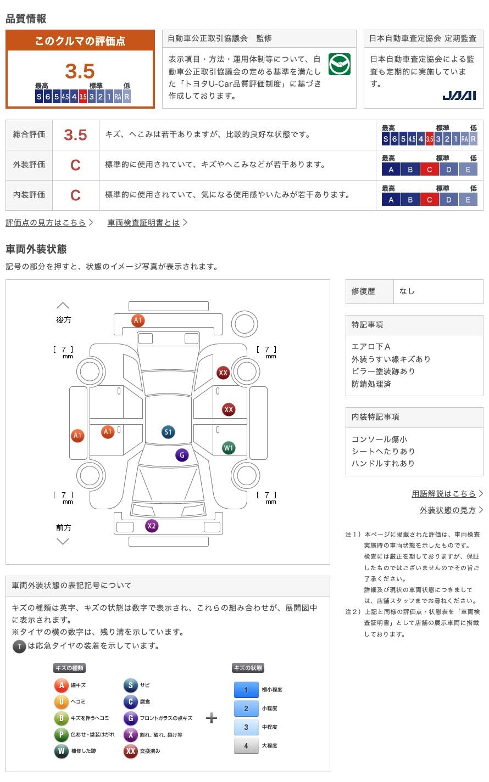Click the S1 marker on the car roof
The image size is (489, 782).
click(x=168, y=432)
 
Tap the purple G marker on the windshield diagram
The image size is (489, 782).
click(x=182, y=455)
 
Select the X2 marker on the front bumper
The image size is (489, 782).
click(x=152, y=526)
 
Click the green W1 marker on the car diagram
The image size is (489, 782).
click(x=229, y=448)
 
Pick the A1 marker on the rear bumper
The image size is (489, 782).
click(x=138, y=320)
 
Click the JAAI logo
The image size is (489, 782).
click(x=459, y=95)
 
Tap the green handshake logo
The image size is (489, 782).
click(x=339, y=65)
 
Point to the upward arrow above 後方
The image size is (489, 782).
click(x=63, y=305)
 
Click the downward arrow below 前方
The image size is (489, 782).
click(x=63, y=542)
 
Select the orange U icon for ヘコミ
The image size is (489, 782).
click(x=62, y=702)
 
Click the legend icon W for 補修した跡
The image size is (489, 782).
click(x=62, y=751)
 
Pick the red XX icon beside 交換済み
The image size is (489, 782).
click(x=131, y=751)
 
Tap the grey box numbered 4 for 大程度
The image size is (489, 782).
click(x=246, y=746)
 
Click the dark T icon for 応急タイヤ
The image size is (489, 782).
click(x=19, y=646)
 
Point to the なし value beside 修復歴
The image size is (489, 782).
click(x=407, y=291)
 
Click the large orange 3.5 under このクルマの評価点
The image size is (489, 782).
click(x=80, y=71)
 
